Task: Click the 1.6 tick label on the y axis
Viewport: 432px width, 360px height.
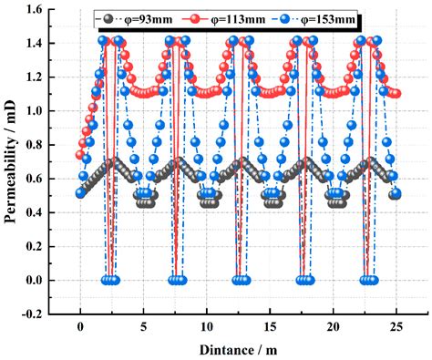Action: [43, 10]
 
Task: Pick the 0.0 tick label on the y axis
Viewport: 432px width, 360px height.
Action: [43, 280]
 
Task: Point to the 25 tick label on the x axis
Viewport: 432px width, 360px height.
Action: [396, 326]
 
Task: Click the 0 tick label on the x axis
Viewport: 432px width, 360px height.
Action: [80, 326]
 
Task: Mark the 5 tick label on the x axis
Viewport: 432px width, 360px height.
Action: [143, 326]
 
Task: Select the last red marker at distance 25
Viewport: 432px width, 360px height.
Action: [396, 94]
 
